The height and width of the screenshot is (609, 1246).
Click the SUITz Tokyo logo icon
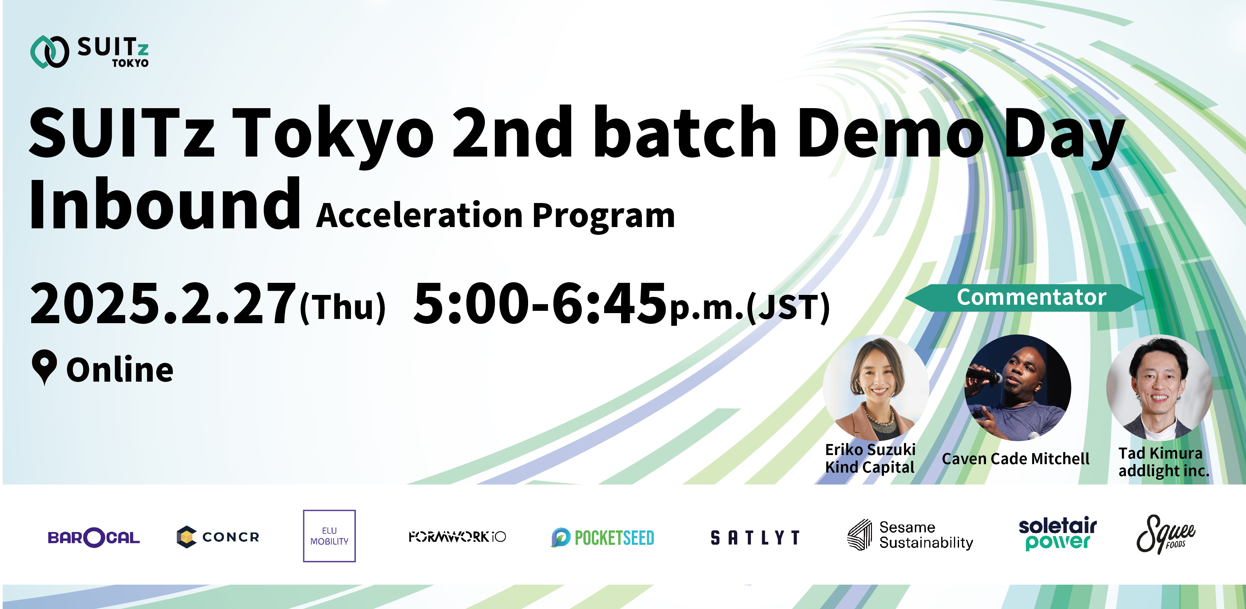pos(49,52)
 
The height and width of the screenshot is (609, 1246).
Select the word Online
pos(120,369)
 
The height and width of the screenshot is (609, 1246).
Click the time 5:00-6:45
pos(540,304)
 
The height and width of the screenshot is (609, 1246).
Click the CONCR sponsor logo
pos(218,537)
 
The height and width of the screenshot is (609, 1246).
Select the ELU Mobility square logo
pos(330,536)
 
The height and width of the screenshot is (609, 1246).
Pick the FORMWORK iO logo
pos(457,537)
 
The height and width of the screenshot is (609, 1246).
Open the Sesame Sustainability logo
pos(910,535)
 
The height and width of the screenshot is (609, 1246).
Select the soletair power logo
pos(1058,534)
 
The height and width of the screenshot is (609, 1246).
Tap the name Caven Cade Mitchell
pos(1015,458)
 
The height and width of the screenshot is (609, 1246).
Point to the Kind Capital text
pos(870,467)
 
